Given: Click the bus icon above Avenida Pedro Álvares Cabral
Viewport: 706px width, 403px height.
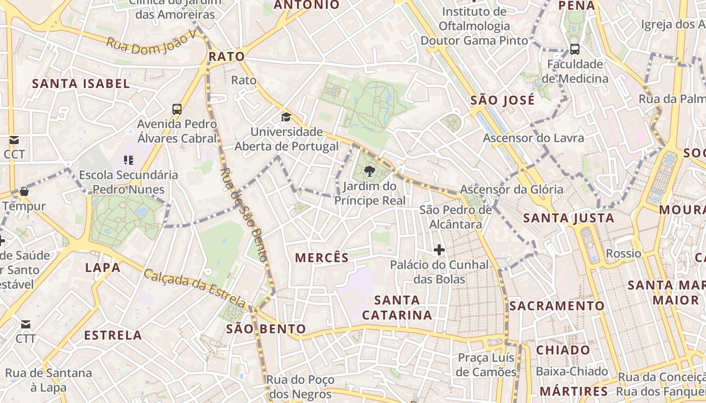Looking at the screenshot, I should pyautogui.click(x=177, y=109).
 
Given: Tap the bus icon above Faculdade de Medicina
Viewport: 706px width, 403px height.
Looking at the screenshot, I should pyautogui.click(x=574, y=49).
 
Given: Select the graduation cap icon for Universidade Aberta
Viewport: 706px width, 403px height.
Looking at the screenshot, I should pyautogui.click(x=286, y=117).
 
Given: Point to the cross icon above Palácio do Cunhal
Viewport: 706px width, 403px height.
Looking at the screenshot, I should pyautogui.click(x=439, y=249).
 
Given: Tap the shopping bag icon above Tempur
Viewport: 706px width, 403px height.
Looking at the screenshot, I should pyautogui.click(x=24, y=191).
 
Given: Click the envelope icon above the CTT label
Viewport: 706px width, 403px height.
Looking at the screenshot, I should pyautogui.click(x=25, y=324).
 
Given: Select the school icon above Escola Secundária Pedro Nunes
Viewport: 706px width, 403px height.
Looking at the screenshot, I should pyautogui.click(x=129, y=160).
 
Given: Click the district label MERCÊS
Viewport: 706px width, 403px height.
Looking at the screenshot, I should pyautogui.click(x=322, y=258).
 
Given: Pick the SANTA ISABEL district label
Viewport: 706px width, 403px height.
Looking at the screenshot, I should pyautogui.click(x=81, y=84).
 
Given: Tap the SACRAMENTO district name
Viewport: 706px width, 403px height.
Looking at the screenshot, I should pyautogui.click(x=556, y=306).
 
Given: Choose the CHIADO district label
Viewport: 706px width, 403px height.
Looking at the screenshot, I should pyautogui.click(x=563, y=350).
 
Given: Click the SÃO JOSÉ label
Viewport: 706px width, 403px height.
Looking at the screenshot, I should pyautogui.click(x=502, y=100).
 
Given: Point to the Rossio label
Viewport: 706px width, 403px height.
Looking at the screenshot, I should pyautogui.click(x=623, y=253).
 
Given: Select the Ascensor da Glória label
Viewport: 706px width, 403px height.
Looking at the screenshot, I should pyautogui.click(x=511, y=189).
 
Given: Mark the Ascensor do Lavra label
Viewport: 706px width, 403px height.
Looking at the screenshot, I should pyautogui.click(x=533, y=138).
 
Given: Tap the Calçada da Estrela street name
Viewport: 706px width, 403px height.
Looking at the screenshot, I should pyautogui.click(x=195, y=289).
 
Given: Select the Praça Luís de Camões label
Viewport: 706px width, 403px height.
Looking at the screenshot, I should pyautogui.click(x=487, y=365).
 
